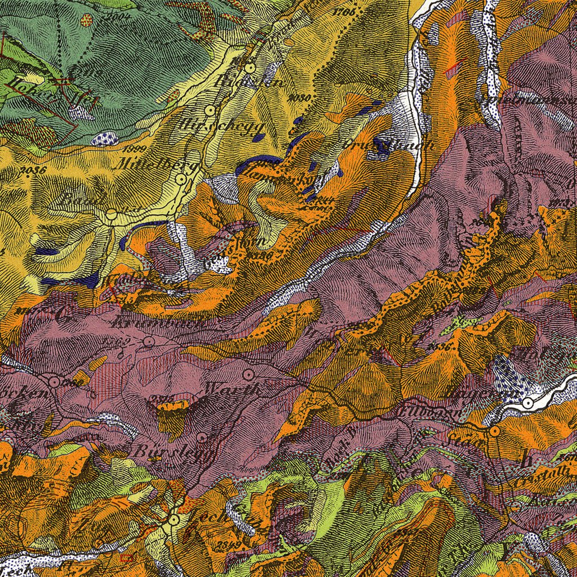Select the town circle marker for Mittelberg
181,179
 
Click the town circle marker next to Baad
111,215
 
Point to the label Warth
232,388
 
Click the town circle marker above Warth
247,374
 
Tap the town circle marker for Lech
174,519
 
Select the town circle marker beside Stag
494,432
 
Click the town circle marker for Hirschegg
210,110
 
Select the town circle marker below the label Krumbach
149,341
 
